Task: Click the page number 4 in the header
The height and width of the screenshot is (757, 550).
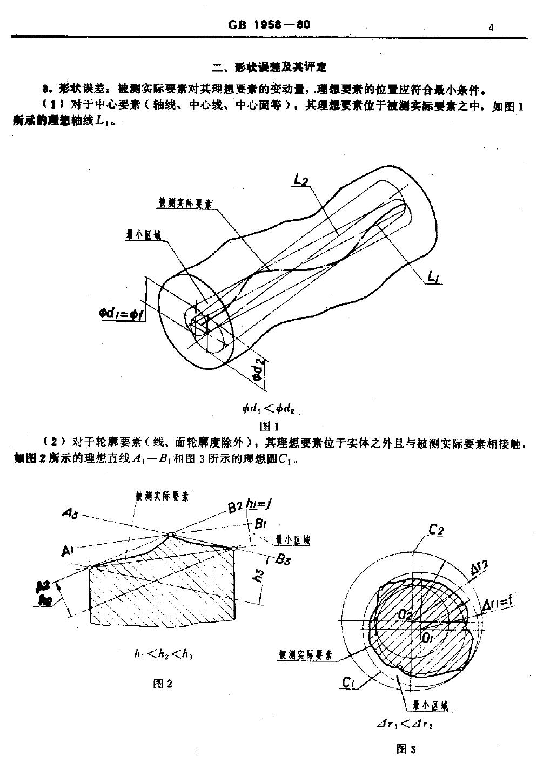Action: [491, 27]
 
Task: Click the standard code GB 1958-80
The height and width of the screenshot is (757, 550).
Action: [270, 25]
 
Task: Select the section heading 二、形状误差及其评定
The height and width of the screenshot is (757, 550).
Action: [270, 67]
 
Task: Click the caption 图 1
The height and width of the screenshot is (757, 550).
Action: [269, 425]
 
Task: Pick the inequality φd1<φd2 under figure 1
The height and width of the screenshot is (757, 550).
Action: [269, 409]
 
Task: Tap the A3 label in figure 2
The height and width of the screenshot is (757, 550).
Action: [70, 515]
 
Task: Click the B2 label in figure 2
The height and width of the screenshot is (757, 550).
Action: [234, 508]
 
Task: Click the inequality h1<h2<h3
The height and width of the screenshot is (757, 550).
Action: [164, 654]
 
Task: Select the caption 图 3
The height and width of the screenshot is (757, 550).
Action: [406, 748]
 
